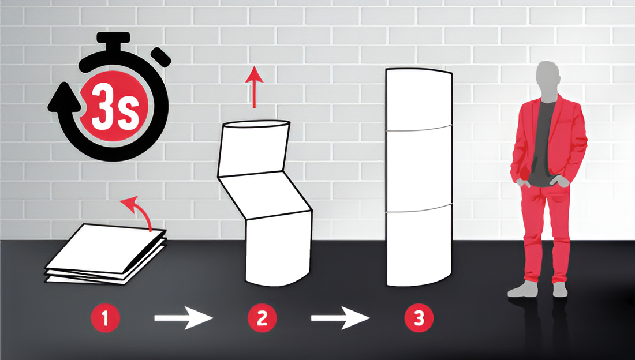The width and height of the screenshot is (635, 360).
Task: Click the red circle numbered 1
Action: click(105, 318)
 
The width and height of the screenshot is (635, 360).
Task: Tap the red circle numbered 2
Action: click(262, 318)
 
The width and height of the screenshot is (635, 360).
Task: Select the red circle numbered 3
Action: click(419, 318)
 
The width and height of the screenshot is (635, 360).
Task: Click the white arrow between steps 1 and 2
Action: click(184, 318)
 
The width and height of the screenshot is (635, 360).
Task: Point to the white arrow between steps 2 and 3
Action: click(340, 318)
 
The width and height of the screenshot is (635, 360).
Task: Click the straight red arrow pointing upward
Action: click(255, 87)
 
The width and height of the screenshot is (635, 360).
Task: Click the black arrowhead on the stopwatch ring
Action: click(65, 97)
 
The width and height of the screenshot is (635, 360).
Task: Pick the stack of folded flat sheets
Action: click(105, 253)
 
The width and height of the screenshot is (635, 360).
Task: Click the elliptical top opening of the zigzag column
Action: click(257, 124)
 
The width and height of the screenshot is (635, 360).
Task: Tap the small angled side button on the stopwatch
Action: click(161, 57)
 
